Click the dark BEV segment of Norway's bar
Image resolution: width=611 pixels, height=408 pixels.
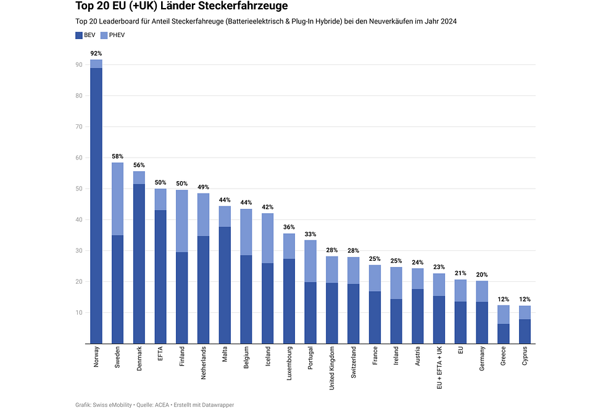click(96, 204)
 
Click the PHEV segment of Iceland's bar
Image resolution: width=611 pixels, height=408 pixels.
click(268, 238)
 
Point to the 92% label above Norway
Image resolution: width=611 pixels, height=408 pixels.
click(96, 54)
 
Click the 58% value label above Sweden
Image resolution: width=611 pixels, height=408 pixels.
click(117, 157)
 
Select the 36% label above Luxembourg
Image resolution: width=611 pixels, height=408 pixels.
click(289, 227)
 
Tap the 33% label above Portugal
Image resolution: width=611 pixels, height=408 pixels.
click(311, 234)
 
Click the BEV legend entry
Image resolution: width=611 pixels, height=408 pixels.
click(85, 35)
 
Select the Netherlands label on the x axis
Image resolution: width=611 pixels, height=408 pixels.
click(204, 365)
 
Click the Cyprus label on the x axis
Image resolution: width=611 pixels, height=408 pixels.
click(525, 358)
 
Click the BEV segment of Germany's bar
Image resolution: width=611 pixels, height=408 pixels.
click(482, 322)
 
